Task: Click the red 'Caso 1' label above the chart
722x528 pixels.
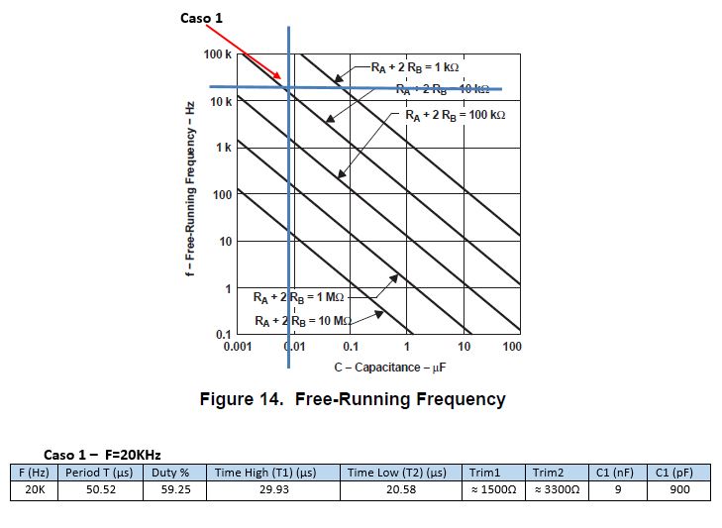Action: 201,18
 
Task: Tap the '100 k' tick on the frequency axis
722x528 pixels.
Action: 218,53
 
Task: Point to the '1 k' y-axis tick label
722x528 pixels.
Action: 224,148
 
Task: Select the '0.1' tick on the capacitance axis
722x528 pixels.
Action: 351,347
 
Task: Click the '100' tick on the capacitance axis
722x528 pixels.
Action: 511,347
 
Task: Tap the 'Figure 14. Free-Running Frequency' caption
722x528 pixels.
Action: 353,399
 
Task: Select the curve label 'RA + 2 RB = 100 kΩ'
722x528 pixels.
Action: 456,116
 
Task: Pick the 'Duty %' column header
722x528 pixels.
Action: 170,473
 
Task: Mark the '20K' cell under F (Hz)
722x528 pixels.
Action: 35,489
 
